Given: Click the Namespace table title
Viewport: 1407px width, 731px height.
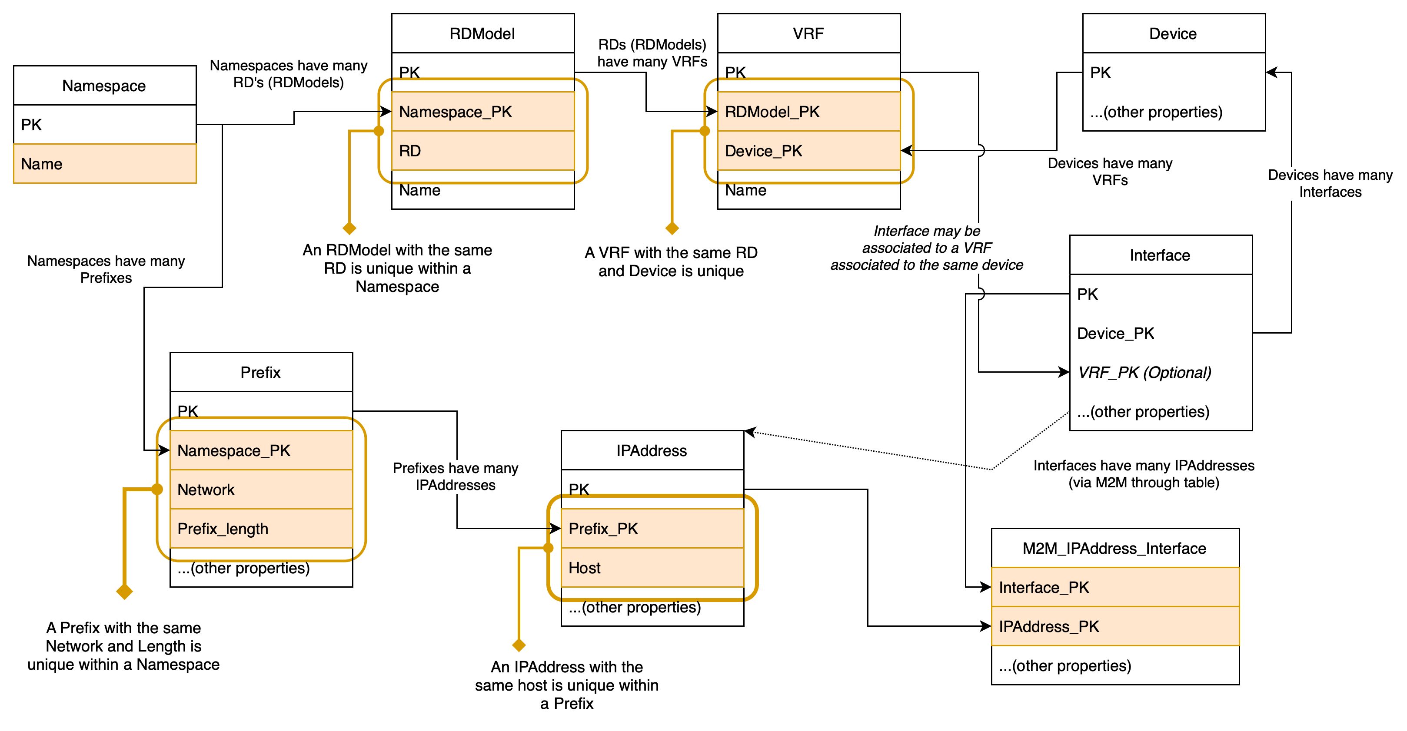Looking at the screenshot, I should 104,86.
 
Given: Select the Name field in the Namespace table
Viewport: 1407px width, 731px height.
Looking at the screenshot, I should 104,164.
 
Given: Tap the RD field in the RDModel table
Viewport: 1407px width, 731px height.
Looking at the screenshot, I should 482,151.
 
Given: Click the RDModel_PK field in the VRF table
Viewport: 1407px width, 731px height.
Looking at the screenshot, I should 808,112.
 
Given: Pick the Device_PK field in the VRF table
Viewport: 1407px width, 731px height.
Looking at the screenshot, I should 808,151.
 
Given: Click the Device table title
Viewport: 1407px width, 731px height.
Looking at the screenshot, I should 1173,34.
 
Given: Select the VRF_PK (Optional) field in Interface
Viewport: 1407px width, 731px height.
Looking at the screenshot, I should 1144,372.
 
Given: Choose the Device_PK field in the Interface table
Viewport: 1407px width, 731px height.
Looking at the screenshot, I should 1115,333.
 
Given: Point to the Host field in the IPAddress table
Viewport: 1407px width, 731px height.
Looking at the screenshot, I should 652,568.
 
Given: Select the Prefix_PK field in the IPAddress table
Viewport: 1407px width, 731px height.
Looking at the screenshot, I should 652,529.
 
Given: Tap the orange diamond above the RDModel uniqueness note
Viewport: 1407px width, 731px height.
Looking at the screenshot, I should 349,228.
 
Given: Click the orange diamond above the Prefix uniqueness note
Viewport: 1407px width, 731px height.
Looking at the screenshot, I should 125,591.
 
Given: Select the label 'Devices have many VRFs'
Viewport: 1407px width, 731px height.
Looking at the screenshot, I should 1109,172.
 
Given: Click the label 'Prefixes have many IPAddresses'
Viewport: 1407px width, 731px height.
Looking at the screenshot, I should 455,476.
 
